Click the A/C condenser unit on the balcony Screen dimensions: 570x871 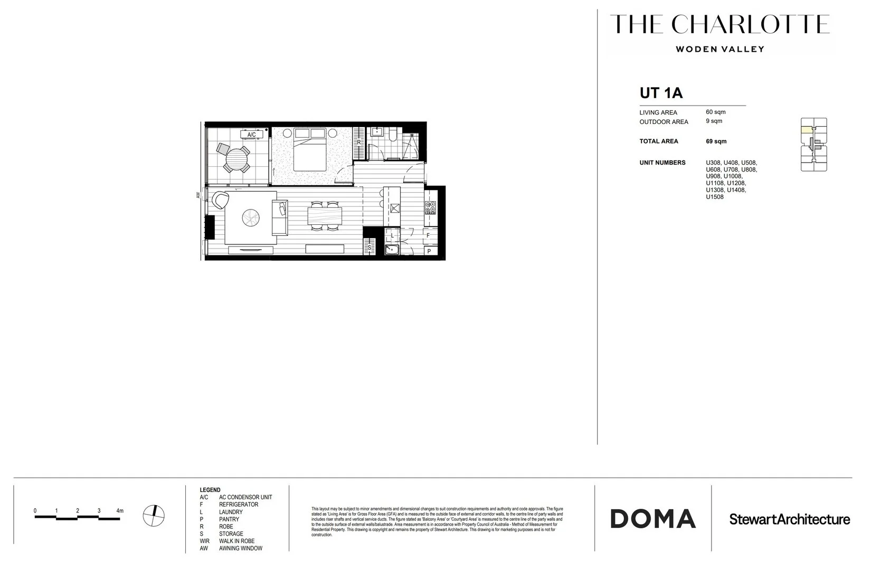[x=252, y=135]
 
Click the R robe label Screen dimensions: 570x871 [x=359, y=142]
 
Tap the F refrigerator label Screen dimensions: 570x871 [x=428, y=235]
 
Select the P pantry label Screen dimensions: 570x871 [x=429, y=252]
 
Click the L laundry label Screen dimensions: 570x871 [x=392, y=236]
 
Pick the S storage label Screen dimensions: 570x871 [x=370, y=247]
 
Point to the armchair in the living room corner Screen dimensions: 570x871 [x=221, y=199]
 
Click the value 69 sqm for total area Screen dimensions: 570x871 [x=716, y=141]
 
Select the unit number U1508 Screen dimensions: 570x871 [x=715, y=197]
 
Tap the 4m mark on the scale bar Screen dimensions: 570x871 [x=120, y=511]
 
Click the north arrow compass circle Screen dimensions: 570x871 [x=154, y=516]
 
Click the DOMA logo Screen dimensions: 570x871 [x=653, y=519]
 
